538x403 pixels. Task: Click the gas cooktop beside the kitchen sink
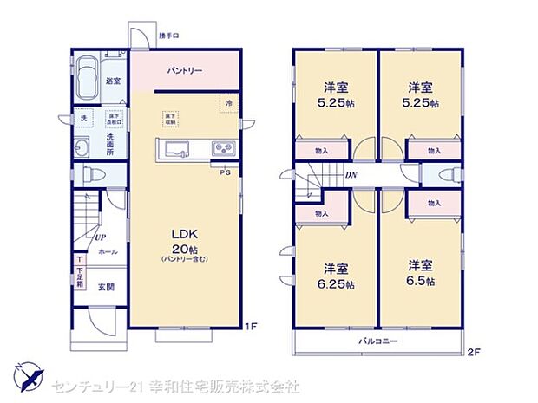point(222,148)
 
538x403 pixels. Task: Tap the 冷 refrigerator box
point(228,103)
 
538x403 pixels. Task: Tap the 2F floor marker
point(474,352)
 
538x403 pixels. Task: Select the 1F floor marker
point(250,327)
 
